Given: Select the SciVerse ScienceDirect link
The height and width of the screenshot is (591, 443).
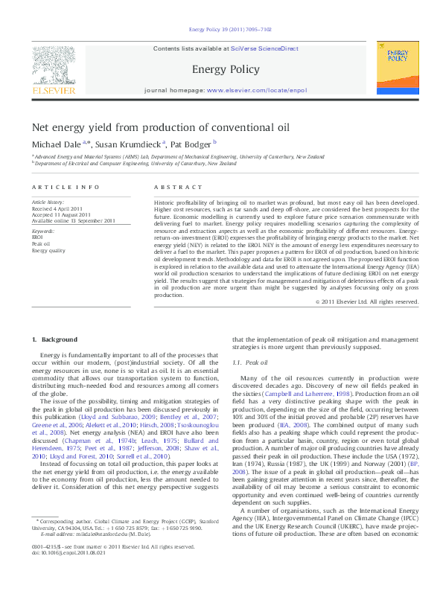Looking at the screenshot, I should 264,48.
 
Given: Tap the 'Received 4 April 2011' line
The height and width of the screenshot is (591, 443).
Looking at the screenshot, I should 63,208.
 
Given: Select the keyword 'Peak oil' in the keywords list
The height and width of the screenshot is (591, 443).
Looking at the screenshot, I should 41,243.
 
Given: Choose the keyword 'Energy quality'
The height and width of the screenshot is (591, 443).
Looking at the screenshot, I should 48,250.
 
